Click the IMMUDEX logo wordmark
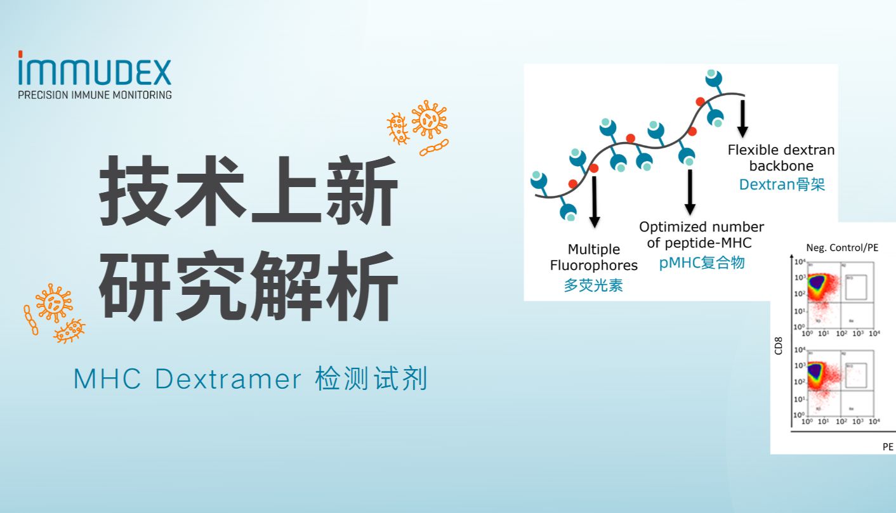[x=95, y=71]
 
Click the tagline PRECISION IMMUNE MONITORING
[x=95, y=94]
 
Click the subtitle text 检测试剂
[x=371, y=379]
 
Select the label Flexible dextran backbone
[x=781, y=158]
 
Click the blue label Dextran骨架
[x=782, y=185]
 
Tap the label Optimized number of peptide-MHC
[x=701, y=234]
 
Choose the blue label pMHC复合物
[x=701, y=263]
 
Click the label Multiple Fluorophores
[x=593, y=257]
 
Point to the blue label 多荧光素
[x=593, y=285]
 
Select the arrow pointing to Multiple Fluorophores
[x=595, y=202]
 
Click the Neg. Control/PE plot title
[x=842, y=247]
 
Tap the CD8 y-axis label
[x=779, y=346]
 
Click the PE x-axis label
[x=888, y=446]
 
